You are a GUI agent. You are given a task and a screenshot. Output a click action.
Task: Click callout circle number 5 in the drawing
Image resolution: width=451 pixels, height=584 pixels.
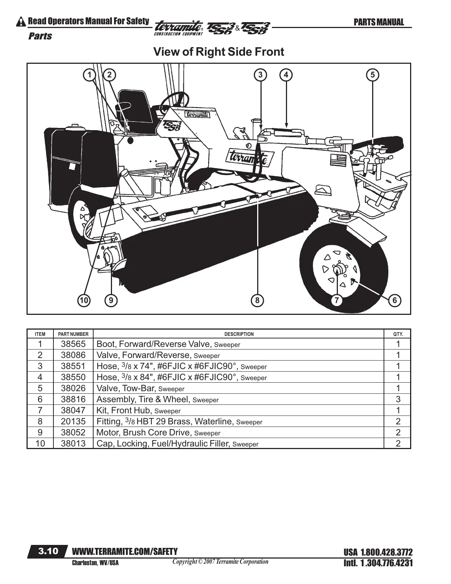point(373,75)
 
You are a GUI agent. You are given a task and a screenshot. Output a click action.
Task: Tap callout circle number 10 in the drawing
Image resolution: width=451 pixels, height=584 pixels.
point(84,300)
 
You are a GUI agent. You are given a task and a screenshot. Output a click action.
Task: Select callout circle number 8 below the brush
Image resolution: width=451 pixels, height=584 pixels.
point(257,300)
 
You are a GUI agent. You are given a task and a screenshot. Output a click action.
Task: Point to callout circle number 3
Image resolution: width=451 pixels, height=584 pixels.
point(261,75)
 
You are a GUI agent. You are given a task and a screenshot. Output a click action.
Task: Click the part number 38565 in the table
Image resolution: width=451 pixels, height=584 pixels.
point(73,344)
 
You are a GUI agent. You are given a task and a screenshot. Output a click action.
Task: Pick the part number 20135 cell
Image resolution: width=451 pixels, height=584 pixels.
point(73,421)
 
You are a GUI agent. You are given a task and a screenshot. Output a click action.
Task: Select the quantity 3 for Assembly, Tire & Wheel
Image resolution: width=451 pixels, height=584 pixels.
point(398,399)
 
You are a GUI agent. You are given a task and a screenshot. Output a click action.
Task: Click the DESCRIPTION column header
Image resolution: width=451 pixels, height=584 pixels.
point(239,334)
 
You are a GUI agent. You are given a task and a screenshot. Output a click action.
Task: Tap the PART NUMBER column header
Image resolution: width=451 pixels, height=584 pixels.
point(73,334)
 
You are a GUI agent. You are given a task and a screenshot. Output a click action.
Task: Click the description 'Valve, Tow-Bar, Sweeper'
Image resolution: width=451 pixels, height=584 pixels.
point(140,388)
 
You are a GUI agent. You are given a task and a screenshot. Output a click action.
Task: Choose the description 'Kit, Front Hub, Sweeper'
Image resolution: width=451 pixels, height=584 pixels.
point(138,410)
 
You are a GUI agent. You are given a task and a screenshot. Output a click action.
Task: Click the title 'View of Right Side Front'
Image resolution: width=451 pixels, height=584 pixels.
point(218,52)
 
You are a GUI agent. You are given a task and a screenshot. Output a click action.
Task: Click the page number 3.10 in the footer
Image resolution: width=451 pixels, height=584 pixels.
point(48,551)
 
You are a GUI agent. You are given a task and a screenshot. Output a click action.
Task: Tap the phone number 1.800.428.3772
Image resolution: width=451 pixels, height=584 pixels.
point(386,552)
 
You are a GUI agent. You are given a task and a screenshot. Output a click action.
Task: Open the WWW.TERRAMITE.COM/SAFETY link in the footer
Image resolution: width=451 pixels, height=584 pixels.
point(125,551)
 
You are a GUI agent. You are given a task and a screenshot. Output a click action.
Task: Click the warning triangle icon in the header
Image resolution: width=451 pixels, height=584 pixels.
point(21,22)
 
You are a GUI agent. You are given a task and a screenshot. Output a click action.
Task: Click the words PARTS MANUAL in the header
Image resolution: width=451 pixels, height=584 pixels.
point(378,22)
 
